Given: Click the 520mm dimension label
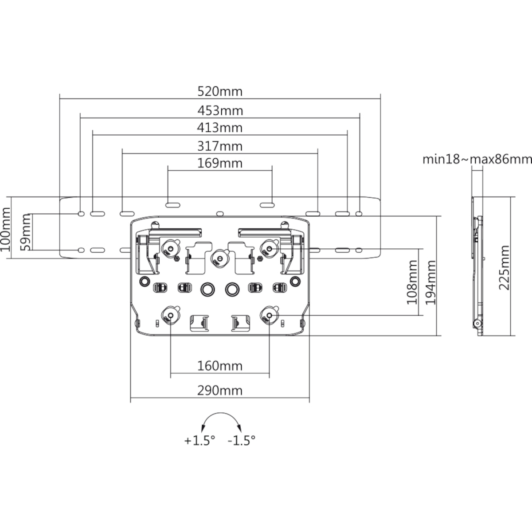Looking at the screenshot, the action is (x=220, y=91).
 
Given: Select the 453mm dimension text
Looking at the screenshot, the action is (x=220, y=111).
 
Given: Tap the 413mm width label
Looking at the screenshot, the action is (x=220, y=128).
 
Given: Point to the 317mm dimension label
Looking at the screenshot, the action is (x=220, y=146).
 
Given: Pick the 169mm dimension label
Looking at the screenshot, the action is (x=220, y=163).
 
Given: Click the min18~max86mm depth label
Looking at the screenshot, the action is (x=477, y=160).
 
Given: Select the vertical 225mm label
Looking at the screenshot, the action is (x=504, y=267).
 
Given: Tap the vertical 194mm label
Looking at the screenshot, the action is (x=430, y=282).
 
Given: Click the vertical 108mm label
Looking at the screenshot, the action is (x=412, y=282).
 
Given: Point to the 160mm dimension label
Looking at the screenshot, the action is (x=220, y=366).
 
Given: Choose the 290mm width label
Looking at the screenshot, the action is (x=220, y=391).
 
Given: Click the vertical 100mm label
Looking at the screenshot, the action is (x=5, y=229).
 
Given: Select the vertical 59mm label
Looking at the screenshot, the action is (x=26, y=232).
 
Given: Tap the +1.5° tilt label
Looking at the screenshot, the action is (x=199, y=441).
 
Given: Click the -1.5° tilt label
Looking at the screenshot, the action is (x=242, y=441).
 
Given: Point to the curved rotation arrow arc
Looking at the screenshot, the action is (x=221, y=413).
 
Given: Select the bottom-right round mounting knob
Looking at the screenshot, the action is (x=270, y=315).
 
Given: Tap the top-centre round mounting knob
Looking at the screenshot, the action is (x=220, y=258).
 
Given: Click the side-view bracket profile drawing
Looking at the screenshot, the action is (x=477, y=266).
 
